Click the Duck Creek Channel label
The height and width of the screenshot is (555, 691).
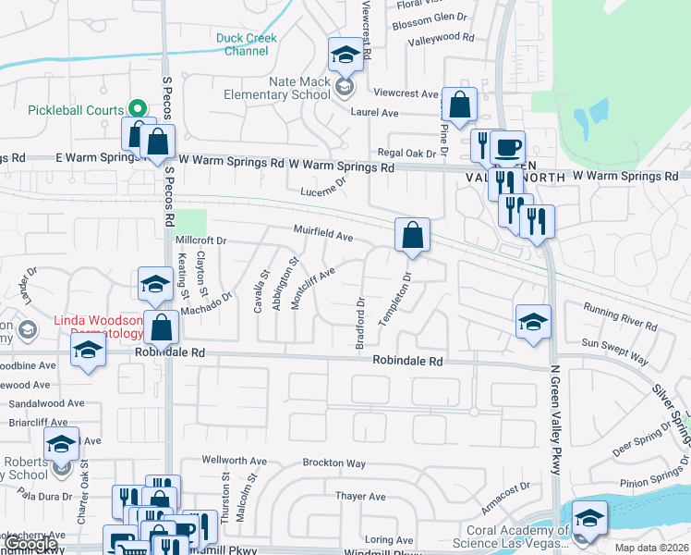point(246,44)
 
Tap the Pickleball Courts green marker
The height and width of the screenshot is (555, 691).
point(136,109)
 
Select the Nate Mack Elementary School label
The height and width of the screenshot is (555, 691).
point(276,88)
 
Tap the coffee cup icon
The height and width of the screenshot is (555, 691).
point(507,146)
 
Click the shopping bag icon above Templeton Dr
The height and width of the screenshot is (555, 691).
point(412,235)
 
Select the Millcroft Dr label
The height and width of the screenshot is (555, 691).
point(200,240)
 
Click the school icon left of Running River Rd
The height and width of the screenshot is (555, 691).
point(533,322)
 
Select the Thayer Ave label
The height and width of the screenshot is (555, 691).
point(360,497)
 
